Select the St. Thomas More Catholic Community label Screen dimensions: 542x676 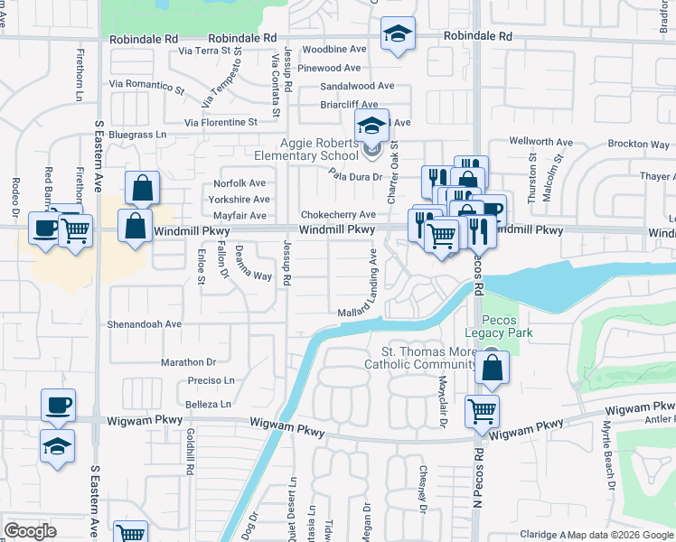coord(419,358)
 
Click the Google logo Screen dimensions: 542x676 coord(30,531)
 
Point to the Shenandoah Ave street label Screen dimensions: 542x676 coord(146,323)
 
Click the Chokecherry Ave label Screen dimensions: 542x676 coord(338,215)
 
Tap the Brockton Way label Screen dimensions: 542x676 coord(638,144)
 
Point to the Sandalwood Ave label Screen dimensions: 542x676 coord(358,86)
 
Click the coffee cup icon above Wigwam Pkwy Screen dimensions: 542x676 coord(58,404)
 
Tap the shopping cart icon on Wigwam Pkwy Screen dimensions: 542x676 coord(482,411)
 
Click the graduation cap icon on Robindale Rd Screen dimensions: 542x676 coord(398,34)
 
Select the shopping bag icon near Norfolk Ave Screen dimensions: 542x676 coord(143,188)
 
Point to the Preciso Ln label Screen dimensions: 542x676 coord(211,380)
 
